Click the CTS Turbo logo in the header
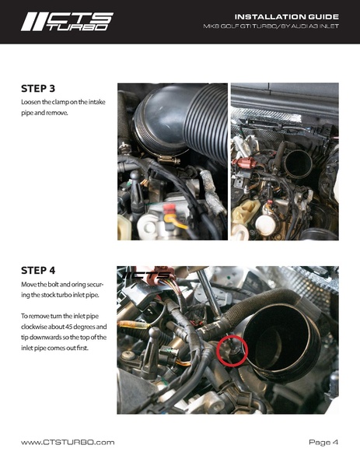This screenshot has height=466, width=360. (x=66, y=21)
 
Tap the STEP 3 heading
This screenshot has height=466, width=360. (x=40, y=89)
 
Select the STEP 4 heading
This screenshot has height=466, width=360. (x=40, y=271)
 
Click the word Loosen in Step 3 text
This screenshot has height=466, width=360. (x=33, y=103)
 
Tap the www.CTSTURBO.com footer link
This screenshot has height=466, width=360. (x=67, y=442)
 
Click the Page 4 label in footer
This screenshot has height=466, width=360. (x=323, y=442)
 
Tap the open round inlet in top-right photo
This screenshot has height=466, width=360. (x=297, y=163)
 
